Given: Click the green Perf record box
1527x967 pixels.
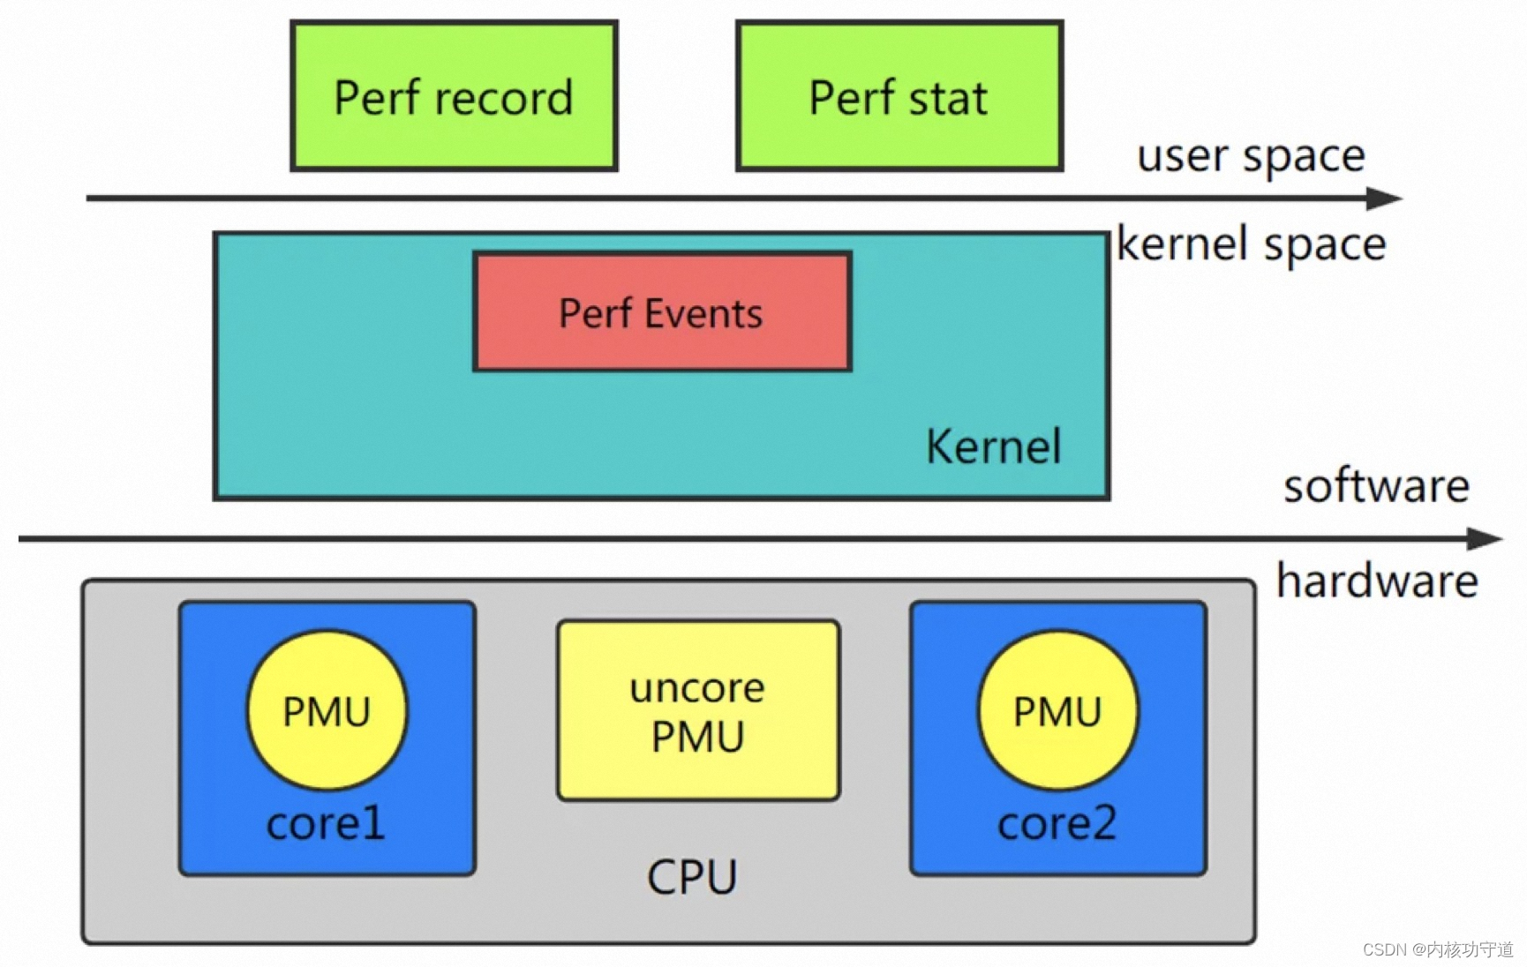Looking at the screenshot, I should click(x=454, y=95).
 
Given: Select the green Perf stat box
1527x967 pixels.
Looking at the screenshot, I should click(x=899, y=95).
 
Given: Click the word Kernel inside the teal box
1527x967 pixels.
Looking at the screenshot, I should click(x=993, y=446).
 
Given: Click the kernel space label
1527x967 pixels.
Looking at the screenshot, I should click(x=1251, y=244).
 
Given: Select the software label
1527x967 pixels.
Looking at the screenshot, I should click(x=1375, y=486).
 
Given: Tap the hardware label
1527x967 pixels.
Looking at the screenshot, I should click(x=1376, y=581).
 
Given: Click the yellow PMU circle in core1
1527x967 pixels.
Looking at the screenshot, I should click(x=327, y=710).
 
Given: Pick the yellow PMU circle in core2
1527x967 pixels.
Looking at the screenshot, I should click(x=1057, y=710).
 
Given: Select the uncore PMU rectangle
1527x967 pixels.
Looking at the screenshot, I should click(x=697, y=711).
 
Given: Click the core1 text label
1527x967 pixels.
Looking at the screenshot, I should click(x=326, y=823).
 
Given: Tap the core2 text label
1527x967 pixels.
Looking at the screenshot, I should click(x=1057, y=823).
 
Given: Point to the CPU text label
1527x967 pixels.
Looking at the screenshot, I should click(x=692, y=877).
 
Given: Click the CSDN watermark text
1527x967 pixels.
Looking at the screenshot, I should click(x=1437, y=949).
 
